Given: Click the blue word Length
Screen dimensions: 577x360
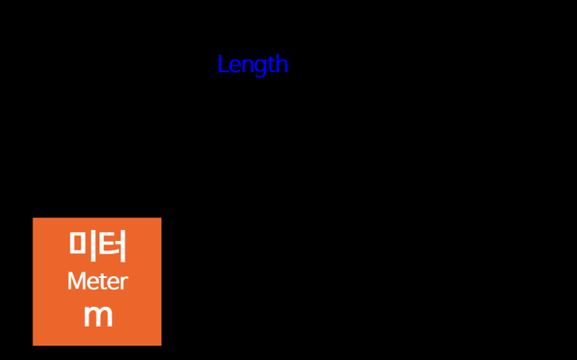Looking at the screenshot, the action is coord(252,64).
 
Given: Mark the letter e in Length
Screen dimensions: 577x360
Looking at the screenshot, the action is coord(234,66).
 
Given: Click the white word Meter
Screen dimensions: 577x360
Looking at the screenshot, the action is coord(97,282).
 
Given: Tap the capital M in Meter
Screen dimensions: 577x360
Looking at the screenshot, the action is coord(76,282).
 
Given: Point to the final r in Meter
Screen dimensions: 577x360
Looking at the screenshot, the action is coord(124,283).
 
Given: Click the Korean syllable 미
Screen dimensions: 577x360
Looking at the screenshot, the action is coord(82,245).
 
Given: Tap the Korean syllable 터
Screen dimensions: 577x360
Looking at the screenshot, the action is coord(112,245).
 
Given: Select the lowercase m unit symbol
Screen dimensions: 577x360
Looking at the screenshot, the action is coord(97,317).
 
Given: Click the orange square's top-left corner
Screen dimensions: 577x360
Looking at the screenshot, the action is coord(33,218).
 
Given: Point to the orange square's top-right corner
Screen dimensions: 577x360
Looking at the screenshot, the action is coord(160,218).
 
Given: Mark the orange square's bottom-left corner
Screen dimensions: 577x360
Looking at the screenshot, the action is coord(33,345).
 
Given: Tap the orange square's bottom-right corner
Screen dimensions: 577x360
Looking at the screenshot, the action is coord(160,345).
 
